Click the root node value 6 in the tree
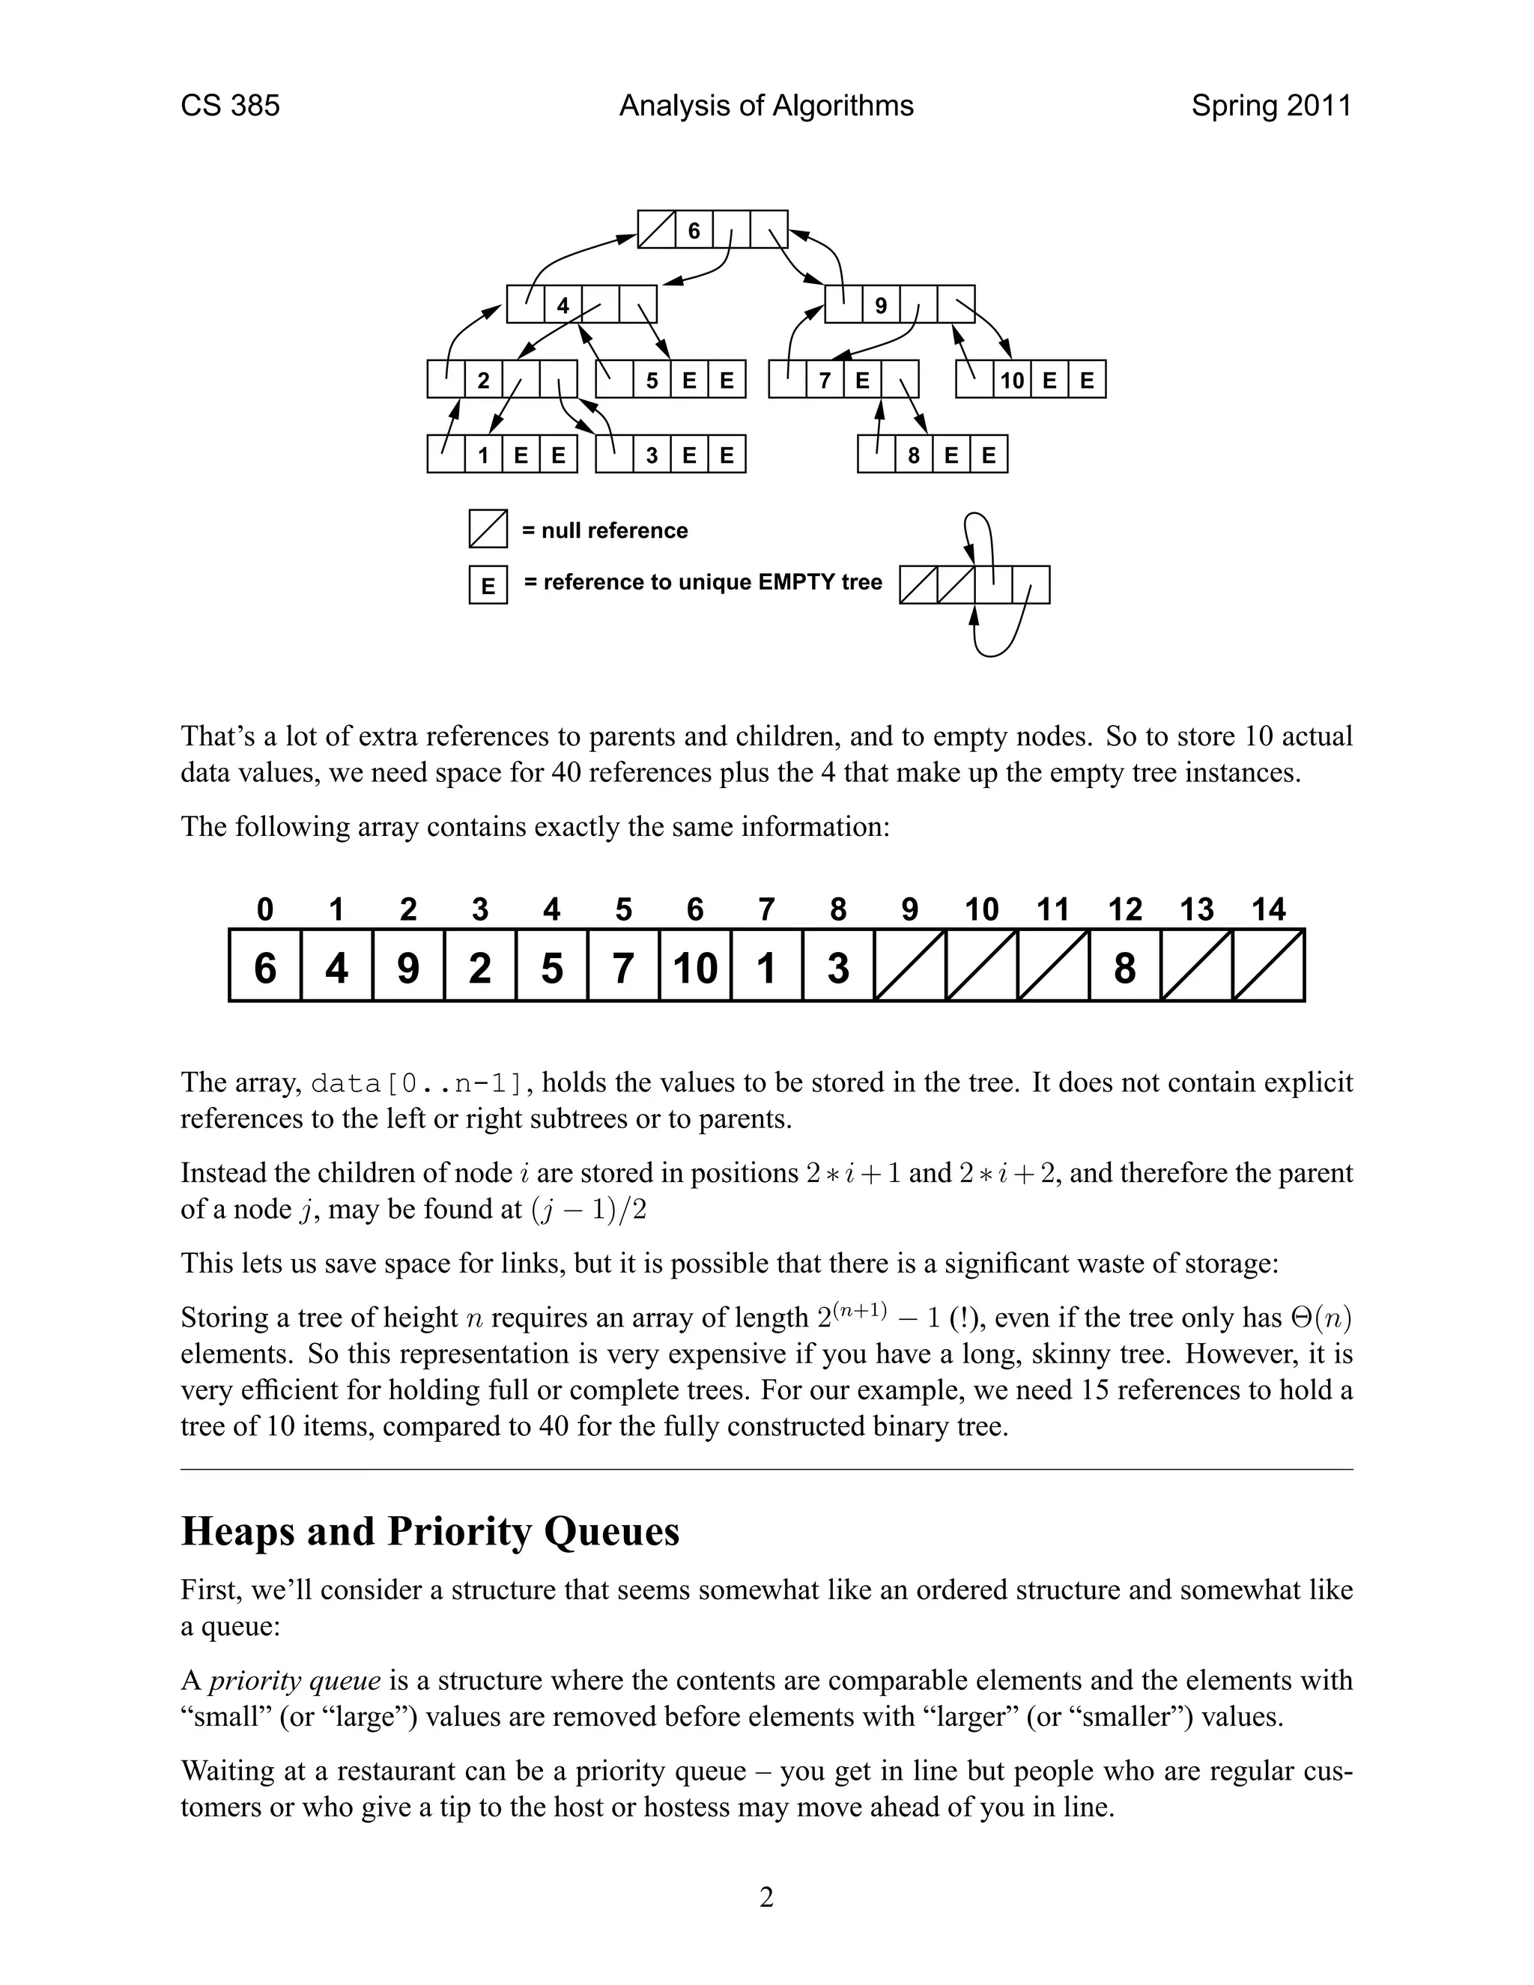coord(694,230)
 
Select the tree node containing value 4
coord(563,306)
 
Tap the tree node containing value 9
coord(881,306)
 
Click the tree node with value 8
coord(915,455)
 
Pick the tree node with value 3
coord(652,455)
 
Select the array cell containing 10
coord(695,966)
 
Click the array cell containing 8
coord(1124,966)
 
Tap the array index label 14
coord(1269,909)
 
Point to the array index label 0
coord(264,909)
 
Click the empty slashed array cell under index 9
coord(909,966)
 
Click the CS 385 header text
coord(230,106)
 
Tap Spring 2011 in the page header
coord(1270,106)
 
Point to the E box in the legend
coord(488,584)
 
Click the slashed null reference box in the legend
coord(488,529)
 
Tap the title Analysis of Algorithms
coord(766,106)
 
